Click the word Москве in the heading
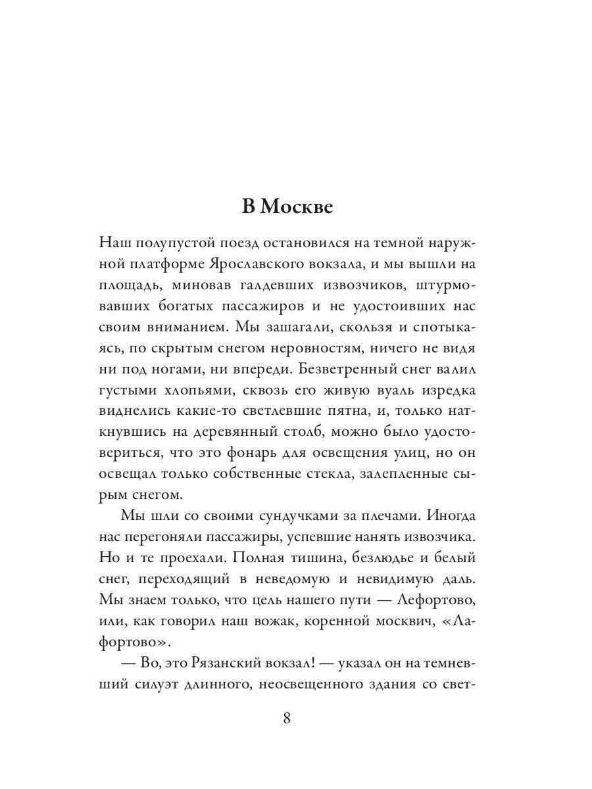(x=297, y=206)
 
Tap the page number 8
(x=287, y=717)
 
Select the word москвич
(x=399, y=622)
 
